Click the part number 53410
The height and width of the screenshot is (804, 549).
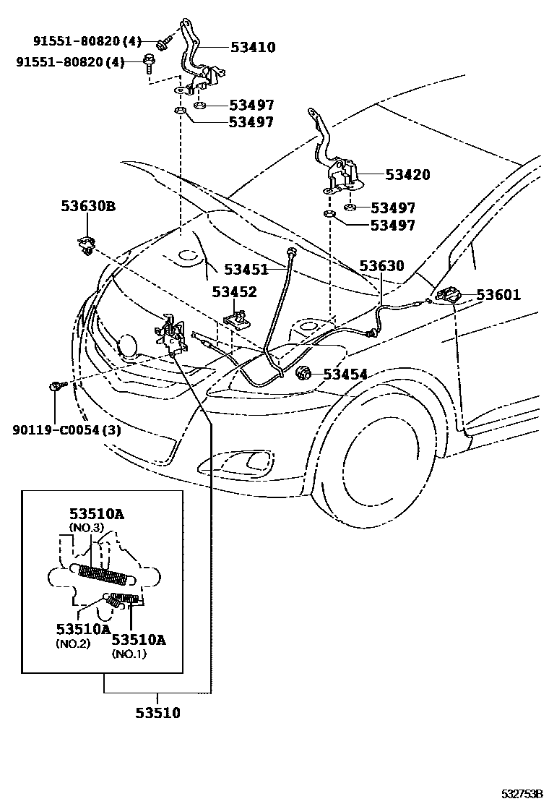pos(253,47)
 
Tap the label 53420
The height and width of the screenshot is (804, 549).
pos(407,174)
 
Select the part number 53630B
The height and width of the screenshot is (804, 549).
pos(88,206)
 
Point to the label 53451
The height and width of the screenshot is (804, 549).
pos(246,269)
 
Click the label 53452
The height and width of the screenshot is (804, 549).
pos(235,292)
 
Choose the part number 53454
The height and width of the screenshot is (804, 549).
pos(345,375)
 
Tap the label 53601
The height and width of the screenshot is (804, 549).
pos(498,295)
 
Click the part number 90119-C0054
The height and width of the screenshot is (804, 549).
pos(57,429)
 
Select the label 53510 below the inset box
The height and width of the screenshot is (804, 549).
pos(157,713)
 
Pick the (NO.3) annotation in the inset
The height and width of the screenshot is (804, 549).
pos(86,527)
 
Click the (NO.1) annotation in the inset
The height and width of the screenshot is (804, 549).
pos(129,654)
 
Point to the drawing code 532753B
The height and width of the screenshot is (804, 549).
pos(522,795)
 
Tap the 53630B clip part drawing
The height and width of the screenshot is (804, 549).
pos(86,245)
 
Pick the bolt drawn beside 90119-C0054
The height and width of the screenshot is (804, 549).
pos(56,385)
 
